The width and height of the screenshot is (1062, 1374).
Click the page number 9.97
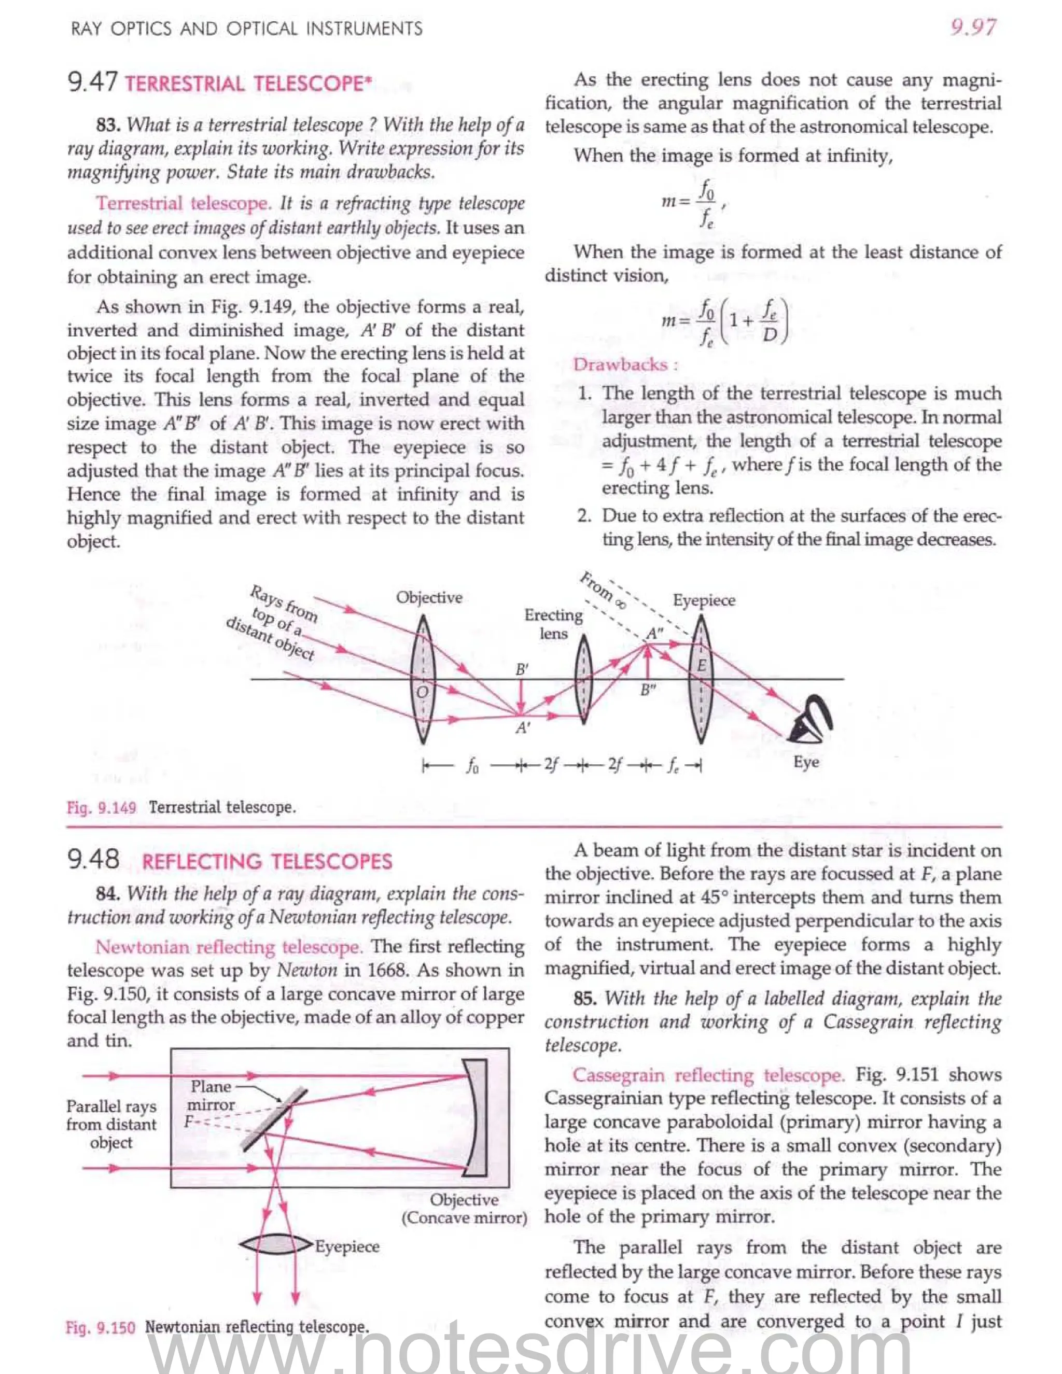[x=973, y=27]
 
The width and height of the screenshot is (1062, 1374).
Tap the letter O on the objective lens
[x=423, y=692]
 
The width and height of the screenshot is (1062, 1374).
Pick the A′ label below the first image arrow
[x=522, y=728]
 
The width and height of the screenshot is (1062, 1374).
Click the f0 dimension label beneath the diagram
[x=472, y=766]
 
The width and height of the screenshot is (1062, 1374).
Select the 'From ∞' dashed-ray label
[x=603, y=590]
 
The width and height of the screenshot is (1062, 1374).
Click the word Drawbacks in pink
[x=620, y=364]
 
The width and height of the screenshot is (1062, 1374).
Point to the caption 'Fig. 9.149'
[x=101, y=807]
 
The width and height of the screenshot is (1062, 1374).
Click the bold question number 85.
[x=585, y=999]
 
